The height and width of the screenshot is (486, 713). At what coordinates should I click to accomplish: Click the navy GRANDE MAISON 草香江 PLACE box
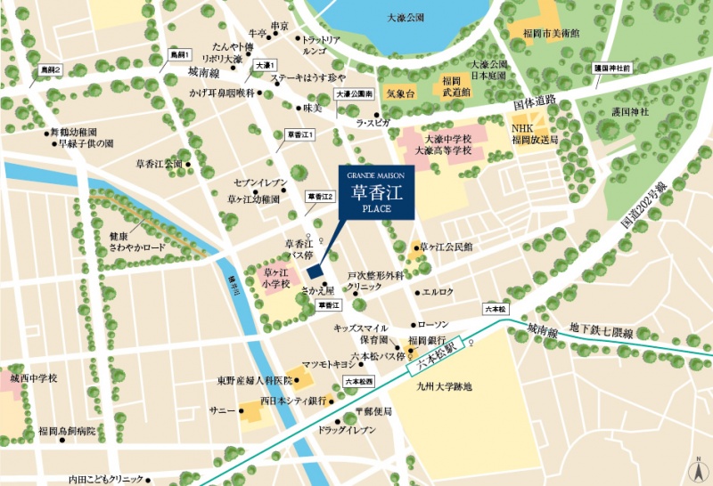tap(373, 190)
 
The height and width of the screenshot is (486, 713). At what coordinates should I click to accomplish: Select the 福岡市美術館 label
tap(551, 33)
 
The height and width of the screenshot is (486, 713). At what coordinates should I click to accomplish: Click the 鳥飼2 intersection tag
tap(52, 69)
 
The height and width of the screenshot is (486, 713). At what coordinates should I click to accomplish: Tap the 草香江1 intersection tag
tap(301, 134)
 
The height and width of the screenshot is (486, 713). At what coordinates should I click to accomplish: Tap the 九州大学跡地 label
tap(443, 386)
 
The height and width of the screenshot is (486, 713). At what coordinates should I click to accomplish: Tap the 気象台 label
tap(399, 92)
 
